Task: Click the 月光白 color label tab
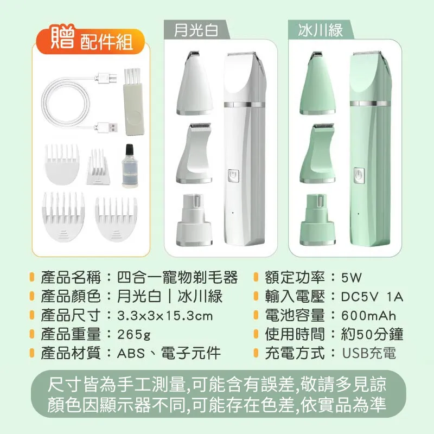[x=196, y=30]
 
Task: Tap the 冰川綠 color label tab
[x=321, y=30]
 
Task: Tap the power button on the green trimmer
[x=358, y=176]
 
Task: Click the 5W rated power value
[x=351, y=278]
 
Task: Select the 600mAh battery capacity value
[x=368, y=316]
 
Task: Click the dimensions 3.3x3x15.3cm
[x=165, y=316]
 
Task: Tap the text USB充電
[x=368, y=354]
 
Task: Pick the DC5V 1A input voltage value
[x=372, y=297]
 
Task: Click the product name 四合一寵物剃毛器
[x=177, y=278]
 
